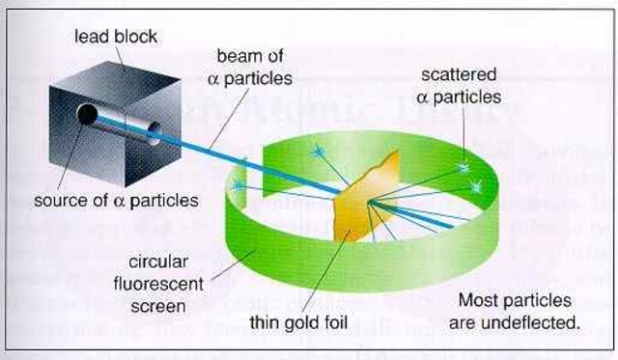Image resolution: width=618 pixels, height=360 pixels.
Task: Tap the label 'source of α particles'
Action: pyautogui.click(x=116, y=201)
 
